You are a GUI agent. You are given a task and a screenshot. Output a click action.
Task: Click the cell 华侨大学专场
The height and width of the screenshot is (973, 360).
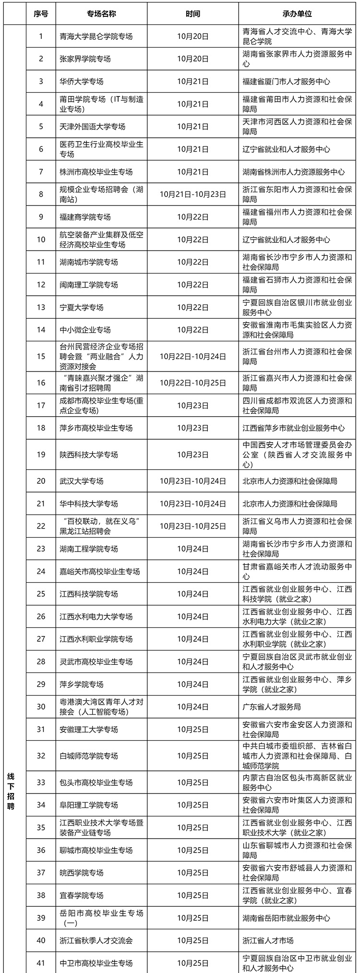tap(82, 82)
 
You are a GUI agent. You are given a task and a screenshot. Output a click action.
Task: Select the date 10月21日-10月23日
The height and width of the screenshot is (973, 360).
tap(192, 194)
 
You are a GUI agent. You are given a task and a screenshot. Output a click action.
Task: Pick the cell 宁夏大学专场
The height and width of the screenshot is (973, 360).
tap(82, 307)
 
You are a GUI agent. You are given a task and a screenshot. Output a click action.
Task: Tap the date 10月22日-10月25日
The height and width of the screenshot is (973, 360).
tap(192, 383)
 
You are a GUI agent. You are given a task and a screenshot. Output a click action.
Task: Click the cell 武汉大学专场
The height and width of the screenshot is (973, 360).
tap(82, 481)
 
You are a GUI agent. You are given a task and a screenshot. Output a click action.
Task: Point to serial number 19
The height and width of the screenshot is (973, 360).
tap(41, 455)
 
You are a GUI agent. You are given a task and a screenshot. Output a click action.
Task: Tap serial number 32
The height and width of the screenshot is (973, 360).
tap(41, 756)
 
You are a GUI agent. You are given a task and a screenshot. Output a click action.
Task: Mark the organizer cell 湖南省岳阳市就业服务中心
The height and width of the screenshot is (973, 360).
tap(286, 918)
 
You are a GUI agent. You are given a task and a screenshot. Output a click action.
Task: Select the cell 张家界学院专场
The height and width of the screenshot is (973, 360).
tap(85, 59)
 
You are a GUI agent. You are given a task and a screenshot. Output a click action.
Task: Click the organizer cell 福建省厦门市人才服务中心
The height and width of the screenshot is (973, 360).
tap(286, 82)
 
